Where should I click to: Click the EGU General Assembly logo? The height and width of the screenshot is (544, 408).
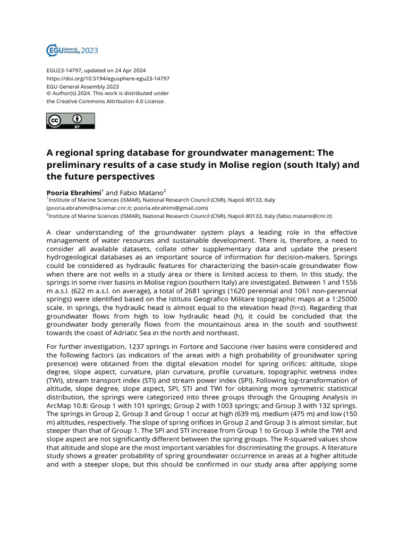72,51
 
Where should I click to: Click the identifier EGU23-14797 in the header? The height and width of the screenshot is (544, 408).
65,71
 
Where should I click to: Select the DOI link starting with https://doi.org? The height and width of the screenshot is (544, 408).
108,79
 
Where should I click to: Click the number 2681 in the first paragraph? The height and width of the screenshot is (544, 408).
160,291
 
